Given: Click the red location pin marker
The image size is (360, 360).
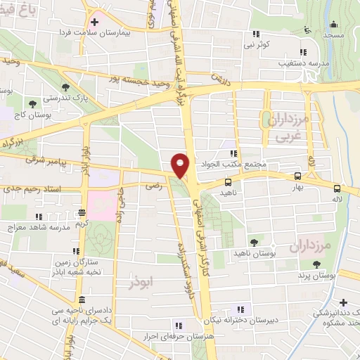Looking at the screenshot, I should (181, 165).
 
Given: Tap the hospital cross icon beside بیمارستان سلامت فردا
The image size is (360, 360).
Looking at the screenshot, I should (95, 23).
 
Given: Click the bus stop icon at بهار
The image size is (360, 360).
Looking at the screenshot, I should (298, 176).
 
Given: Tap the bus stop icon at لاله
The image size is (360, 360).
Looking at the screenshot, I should (337, 188).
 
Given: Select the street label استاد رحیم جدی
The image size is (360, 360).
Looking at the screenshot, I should (32, 188).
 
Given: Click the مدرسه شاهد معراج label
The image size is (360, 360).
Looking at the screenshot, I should (40, 226).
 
